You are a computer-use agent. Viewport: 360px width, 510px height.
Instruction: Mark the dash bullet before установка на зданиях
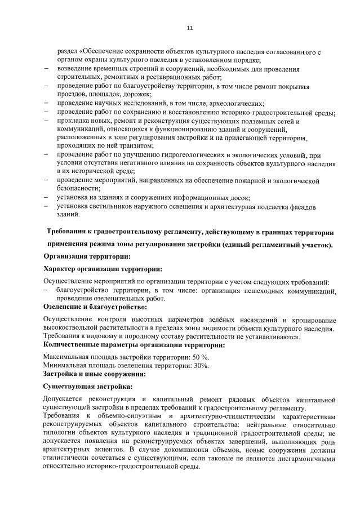47,198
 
